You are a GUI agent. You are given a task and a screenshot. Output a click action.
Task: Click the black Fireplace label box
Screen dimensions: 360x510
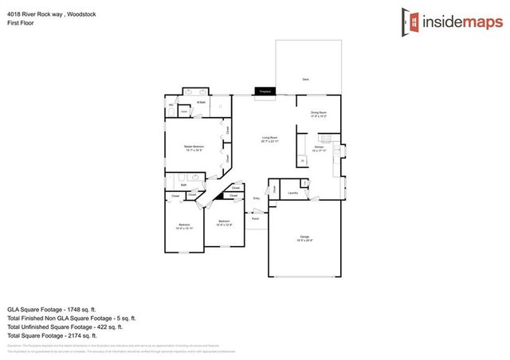click(264, 92)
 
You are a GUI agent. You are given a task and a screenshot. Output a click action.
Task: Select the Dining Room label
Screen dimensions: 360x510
click(319, 114)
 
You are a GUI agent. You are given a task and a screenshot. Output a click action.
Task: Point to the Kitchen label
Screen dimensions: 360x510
click(319, 148)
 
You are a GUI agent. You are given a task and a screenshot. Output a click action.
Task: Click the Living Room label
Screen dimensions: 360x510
click(269, 139)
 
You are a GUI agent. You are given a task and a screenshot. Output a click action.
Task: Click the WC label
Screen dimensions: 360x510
click(171, 104)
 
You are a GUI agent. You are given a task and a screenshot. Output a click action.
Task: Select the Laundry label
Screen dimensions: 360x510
click(292, 193)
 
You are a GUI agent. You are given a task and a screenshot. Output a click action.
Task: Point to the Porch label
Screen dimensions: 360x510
click(255, 217)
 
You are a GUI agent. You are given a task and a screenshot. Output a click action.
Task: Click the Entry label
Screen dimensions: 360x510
click(257, 198)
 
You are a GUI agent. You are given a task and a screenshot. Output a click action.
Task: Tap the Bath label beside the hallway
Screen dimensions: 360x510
click(183, 185)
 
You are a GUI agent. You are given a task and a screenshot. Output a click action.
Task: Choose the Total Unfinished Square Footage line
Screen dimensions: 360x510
click(65, 327)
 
